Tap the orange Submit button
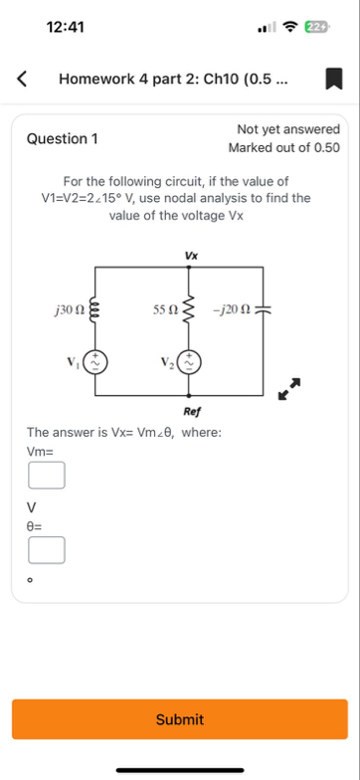coord(180,718)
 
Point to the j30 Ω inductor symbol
coord(96,311)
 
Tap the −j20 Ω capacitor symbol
coord(263,311)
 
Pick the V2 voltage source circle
coord(191,360)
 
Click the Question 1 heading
coord(63,139)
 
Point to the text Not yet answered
coord(288,129)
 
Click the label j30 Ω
coord(70,311)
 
